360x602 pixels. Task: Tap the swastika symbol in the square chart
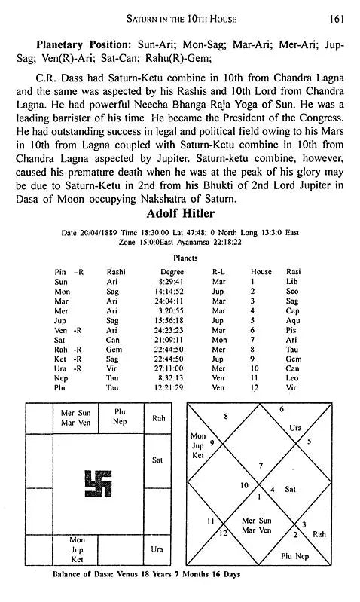(x=99, y=480)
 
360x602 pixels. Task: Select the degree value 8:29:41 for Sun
(x=172, y=280)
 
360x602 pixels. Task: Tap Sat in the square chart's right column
(x=157, y=459)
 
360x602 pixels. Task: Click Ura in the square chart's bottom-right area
(x=157, y=549)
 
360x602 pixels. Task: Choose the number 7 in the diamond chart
(x=261, y=465)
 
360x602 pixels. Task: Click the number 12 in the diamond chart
(x=223, y=533)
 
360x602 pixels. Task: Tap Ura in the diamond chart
(x=295, y=428)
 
